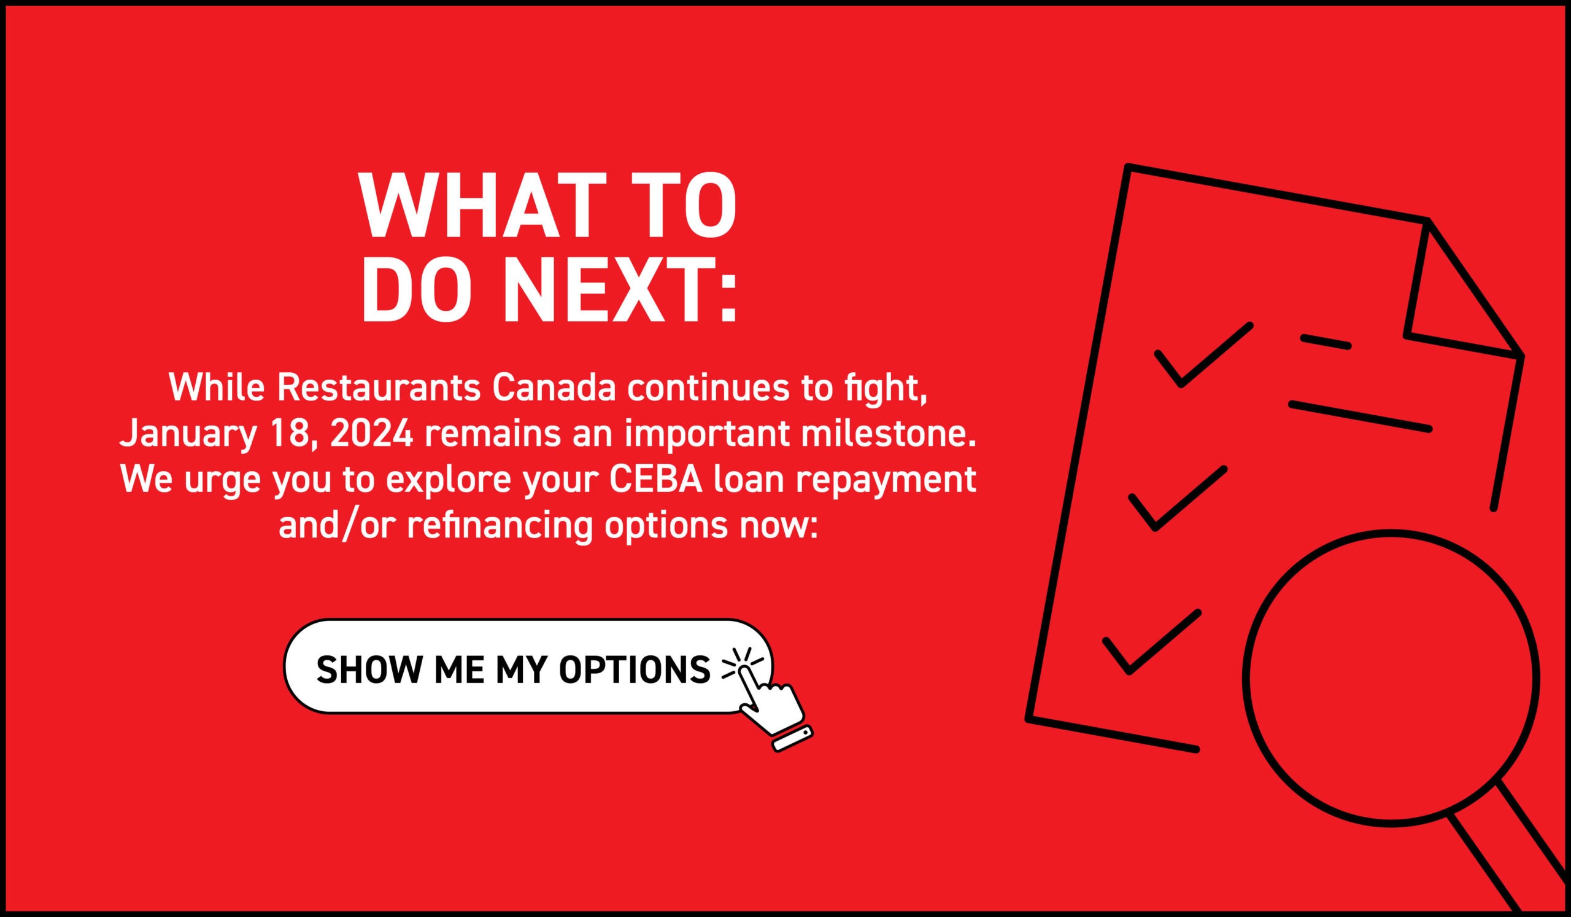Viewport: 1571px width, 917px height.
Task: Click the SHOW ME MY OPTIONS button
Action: [x=528, y=666]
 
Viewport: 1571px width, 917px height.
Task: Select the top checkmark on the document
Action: [x=1203, y=356]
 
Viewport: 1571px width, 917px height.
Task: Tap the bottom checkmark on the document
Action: [x=1151, y=642]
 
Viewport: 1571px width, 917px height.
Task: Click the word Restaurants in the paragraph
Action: [x=379, y=388]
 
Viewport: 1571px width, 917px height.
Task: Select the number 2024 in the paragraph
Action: [x=371, y=434]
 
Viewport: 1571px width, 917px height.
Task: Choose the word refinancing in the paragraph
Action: [x=500, y=525]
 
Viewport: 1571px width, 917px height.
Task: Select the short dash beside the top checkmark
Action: [x=1326, y=342]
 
